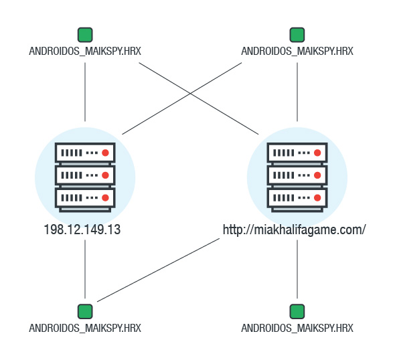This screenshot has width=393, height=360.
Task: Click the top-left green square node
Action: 85,35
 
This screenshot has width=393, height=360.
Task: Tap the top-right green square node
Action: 297,35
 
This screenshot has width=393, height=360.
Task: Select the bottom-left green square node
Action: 85,312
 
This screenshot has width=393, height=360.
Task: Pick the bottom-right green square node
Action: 297,312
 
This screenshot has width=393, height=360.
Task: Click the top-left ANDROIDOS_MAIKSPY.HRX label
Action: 85,52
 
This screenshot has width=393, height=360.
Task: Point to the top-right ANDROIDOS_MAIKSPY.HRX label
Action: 297,52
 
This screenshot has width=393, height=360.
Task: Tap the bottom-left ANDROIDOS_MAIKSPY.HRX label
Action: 85,328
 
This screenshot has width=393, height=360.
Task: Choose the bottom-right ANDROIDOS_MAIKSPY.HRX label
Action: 297,328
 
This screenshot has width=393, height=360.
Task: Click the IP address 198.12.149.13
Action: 82,230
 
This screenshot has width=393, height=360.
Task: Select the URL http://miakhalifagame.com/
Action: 295,230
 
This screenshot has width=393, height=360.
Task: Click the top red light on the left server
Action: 105,153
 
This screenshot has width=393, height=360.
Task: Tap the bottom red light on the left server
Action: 105,198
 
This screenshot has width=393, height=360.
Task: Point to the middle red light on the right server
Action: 317,175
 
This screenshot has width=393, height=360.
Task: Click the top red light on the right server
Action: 317,153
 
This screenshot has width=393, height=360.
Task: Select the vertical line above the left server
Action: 85,92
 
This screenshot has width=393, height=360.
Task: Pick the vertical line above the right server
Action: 297,92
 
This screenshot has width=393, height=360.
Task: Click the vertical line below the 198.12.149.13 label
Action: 85,269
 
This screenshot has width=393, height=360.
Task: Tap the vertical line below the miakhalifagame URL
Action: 297,269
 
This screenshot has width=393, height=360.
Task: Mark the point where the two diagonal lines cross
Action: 190,94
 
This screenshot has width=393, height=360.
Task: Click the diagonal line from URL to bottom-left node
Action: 158,270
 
